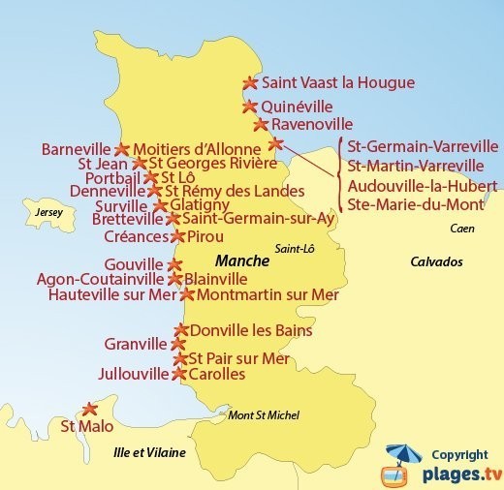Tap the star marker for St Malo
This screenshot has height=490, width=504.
(89, 409)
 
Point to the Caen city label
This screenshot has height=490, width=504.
(463, 229)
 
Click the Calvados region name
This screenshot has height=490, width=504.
(436, 261)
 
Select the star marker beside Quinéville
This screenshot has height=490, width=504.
(249, 107)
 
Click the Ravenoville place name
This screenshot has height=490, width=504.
(312, 125)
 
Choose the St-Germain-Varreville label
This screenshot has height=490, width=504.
(423, 147)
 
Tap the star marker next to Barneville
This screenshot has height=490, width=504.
(121, 150)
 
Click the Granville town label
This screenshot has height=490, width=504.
(135, 343)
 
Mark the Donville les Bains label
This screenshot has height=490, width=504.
(250, 330)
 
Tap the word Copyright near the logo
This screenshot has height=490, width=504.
(459, 455)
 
